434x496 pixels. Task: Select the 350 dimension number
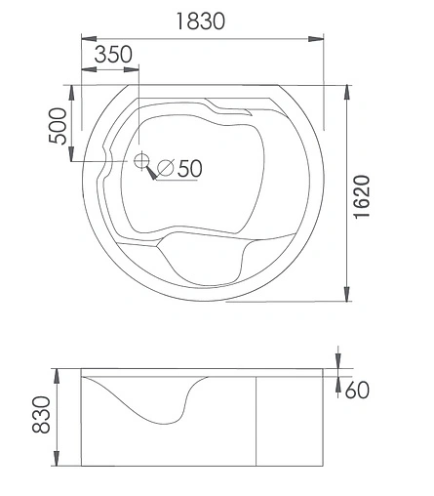[x=113, y=55]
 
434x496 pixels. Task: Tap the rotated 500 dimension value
[x=58, y=125]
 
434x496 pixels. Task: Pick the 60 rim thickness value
[x=357, y=391]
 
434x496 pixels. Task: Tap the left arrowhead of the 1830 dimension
[x=86, y=40]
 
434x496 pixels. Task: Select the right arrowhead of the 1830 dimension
[x=316, y=40]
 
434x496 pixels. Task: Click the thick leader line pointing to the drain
[x=152, y=173]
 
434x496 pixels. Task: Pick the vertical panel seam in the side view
[x=256, y=421]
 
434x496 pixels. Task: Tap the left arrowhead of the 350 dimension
[x=86, y=69]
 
